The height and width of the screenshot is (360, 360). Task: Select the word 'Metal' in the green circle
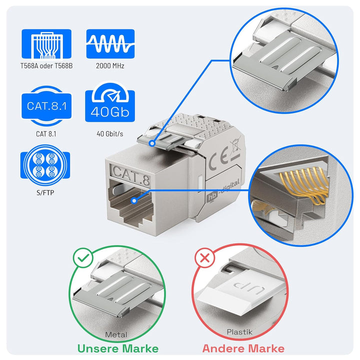pos(116,335)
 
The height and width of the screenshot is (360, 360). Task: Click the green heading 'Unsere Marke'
pos(117,348)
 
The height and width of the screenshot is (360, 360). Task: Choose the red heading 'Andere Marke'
pos(243,348)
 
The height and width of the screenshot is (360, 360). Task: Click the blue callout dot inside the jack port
pos(133,200)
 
